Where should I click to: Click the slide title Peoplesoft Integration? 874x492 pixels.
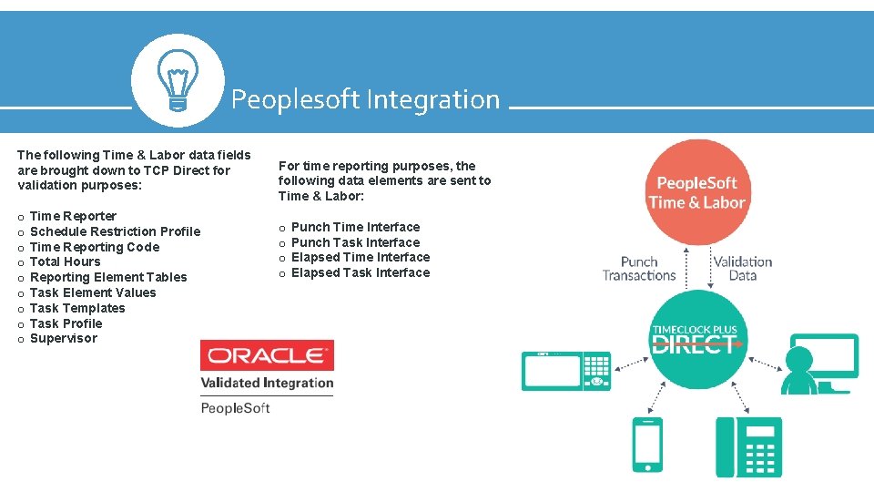(x=365, y=99)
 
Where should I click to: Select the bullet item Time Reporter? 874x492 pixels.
(x=73, y=216)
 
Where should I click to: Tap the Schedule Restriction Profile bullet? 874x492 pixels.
(x=115, y=231)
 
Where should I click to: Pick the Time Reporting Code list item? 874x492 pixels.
(x=94, y=247)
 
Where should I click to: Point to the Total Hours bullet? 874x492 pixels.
(x=65, y=261)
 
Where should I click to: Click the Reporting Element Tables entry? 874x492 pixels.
(x=108, y=277)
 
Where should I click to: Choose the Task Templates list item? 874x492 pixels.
(x=77, y=308)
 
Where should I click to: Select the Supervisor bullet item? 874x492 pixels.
(x=63, y=338)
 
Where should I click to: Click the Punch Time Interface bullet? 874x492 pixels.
(x=355, y=227)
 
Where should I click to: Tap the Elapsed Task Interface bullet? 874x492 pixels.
(x=360, y=272)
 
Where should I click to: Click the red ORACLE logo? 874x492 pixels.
(x=267, y=355)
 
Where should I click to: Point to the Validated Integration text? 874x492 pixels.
(x=267, y=383)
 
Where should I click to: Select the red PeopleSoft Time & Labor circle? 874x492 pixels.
(x=696, y=192)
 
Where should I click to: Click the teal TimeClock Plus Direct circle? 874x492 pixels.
(x=695, y=338)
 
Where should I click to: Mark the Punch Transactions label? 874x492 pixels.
(x=639, y=268)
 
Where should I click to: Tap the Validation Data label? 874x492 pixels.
(x=742, y=268)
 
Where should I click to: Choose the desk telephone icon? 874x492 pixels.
(x=748, y=446)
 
